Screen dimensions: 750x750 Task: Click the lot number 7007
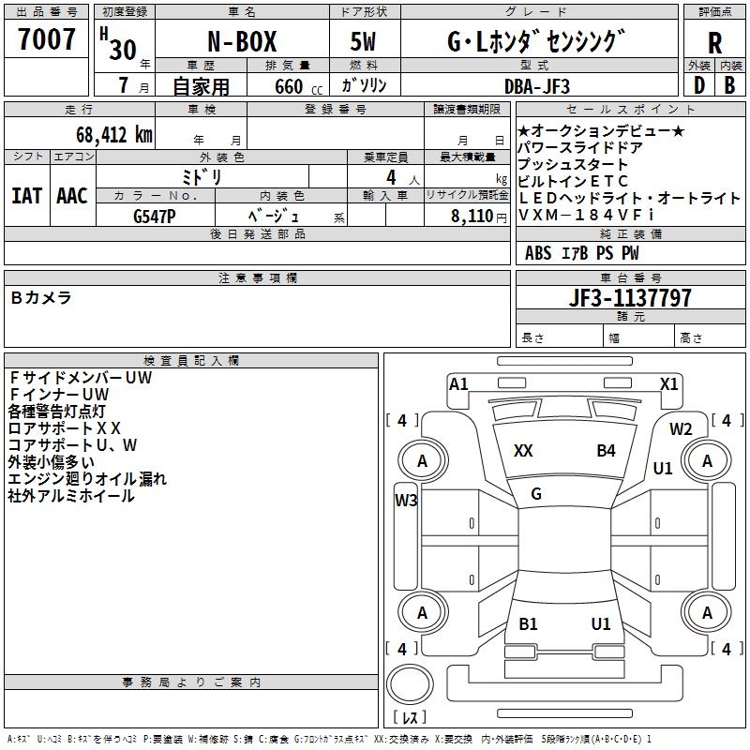pyautogui.click(x=47, y=40)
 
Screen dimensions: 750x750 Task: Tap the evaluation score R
pyautogui.click(x=714, y=43)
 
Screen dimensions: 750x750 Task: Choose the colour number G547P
pyautogui.click(x=156, y=214)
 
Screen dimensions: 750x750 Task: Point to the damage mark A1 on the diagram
pyautogui.click(x=458, y=383)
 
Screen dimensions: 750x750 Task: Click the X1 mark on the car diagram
pyautogui.click(x=668, y=383)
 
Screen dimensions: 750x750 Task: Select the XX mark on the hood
pyautogui.click(x=523, y=451)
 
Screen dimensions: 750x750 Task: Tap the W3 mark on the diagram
pyautogui.click(x=406, y=501)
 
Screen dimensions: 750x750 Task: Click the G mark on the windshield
pyautogui.click(x=536, y=494)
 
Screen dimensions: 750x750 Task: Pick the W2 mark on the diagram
pyautogui.click(x=681, y=429)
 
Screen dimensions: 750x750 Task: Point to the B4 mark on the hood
pyautogui.click(x=606, y=451)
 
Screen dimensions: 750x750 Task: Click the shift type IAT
pyautogui.click(x=27, y=196)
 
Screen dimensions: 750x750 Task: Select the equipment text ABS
pyautogui.click(x=538, y=252)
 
